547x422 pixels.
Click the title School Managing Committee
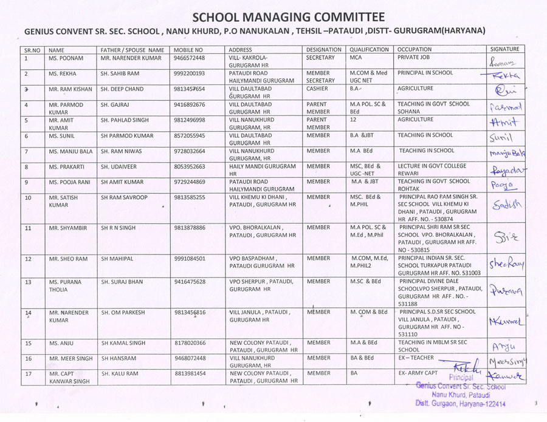(289, 16)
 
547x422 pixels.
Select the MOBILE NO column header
(188, 50)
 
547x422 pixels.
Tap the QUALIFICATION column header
(369, 50)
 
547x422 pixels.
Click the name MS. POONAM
(66, 58)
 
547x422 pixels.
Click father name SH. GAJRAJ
(115, 104)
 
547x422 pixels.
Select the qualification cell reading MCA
(356, 58)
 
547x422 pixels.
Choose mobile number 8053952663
(190, 166)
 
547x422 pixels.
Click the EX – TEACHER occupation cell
(416, 358)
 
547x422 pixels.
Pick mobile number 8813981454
(190, 373)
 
